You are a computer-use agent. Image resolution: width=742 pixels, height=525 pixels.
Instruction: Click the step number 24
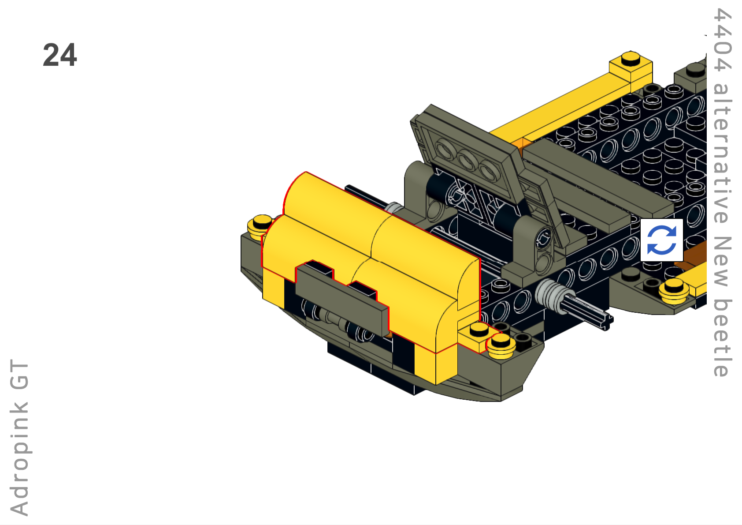(60, 55)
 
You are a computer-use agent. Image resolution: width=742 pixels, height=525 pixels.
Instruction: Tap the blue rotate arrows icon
(661, 240)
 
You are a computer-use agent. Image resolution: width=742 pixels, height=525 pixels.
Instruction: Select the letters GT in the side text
(19, 375)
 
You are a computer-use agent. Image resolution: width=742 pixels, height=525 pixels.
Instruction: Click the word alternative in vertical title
(722, 153)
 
